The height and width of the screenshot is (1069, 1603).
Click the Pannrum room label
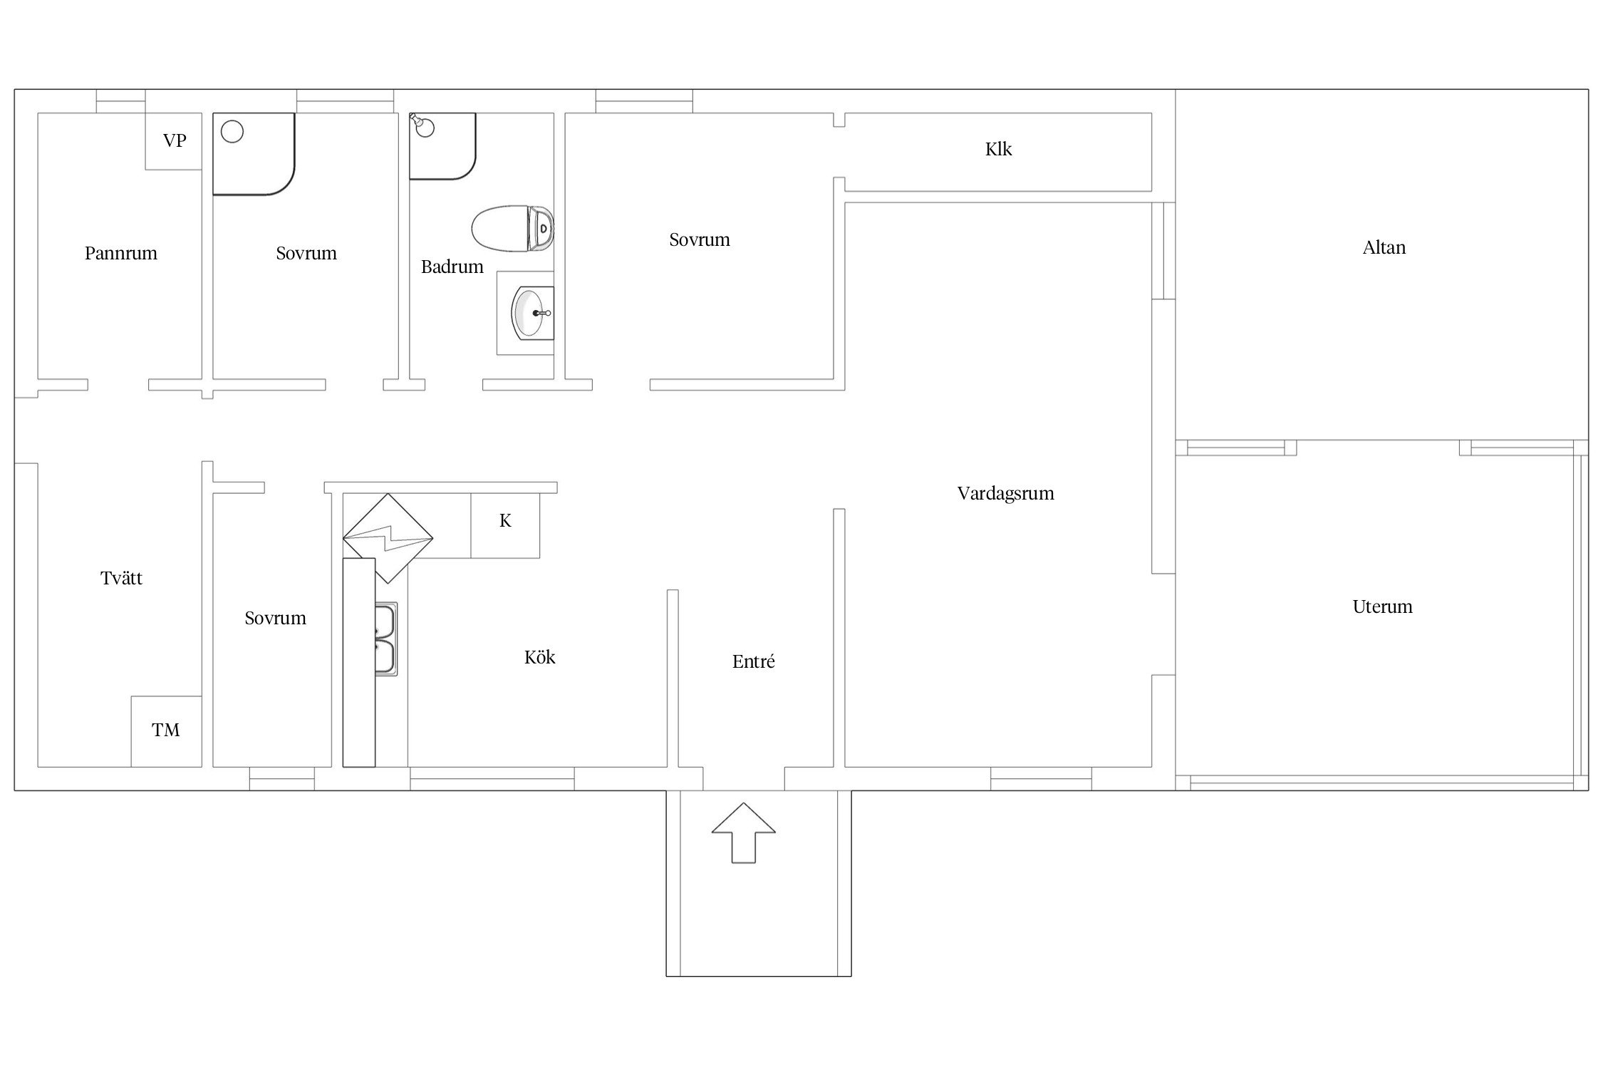[x=121, y=253]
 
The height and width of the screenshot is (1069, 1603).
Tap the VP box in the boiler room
[x=174, y=141]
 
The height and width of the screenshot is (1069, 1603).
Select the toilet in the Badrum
[x=512, y=229]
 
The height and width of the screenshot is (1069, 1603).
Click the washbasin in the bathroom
[x=531, y=313]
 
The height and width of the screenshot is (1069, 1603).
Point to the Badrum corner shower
[x=442, y=145]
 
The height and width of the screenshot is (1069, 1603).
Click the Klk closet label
[x=998, y=149]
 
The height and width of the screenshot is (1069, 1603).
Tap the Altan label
[x=1384, y=248]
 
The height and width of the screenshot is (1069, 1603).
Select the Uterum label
[x=1382, y=606]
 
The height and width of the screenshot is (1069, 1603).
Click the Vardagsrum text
[x=1005, y=493]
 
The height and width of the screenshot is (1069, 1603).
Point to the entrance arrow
[x=744, y=832]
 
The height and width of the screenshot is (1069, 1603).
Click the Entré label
[x=753, y=661]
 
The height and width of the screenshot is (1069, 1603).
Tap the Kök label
[x=539, y=657]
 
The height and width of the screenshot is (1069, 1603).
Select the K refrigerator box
[x=505, y=525]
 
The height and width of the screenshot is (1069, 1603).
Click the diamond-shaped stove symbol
[x=388, y=538]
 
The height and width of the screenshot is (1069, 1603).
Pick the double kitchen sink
[x=386, y=639]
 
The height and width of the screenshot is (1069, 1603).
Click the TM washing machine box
[x=166, y=731]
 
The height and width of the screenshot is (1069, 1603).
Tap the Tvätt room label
[x=121, y=578]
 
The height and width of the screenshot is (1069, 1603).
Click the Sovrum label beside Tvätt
[x=275, y=618]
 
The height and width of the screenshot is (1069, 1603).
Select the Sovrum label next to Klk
[x=699, y=239]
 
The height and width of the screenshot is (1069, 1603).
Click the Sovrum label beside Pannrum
[x=306, y=253]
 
